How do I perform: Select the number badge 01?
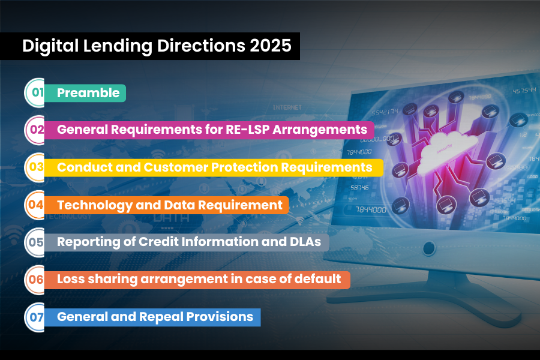37,93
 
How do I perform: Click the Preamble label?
88,93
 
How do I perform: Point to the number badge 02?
37,130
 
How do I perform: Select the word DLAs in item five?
307,242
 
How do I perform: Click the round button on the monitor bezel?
428,248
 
